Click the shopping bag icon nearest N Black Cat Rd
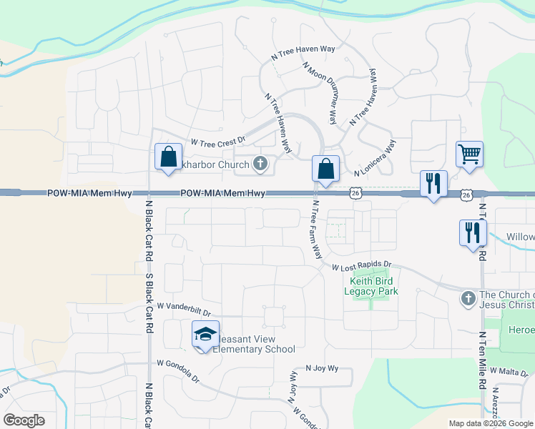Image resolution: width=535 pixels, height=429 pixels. (167, 157)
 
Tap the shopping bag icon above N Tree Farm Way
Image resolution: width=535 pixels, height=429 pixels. (325, 169)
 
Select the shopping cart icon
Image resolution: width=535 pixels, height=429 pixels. (469, 154)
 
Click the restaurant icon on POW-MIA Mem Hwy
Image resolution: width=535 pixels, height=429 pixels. (433, 183)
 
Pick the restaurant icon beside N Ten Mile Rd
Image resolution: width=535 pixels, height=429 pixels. (473, 232)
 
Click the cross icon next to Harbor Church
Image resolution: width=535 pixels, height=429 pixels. (260, 165)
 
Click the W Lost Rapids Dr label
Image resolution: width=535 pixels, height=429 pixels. (363, 266)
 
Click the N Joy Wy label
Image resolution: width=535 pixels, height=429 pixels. (321, 368)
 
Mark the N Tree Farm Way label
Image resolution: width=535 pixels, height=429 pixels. (315, 229)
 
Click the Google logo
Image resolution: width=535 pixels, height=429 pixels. (24, 420)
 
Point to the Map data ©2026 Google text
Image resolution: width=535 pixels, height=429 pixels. (491, 423)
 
